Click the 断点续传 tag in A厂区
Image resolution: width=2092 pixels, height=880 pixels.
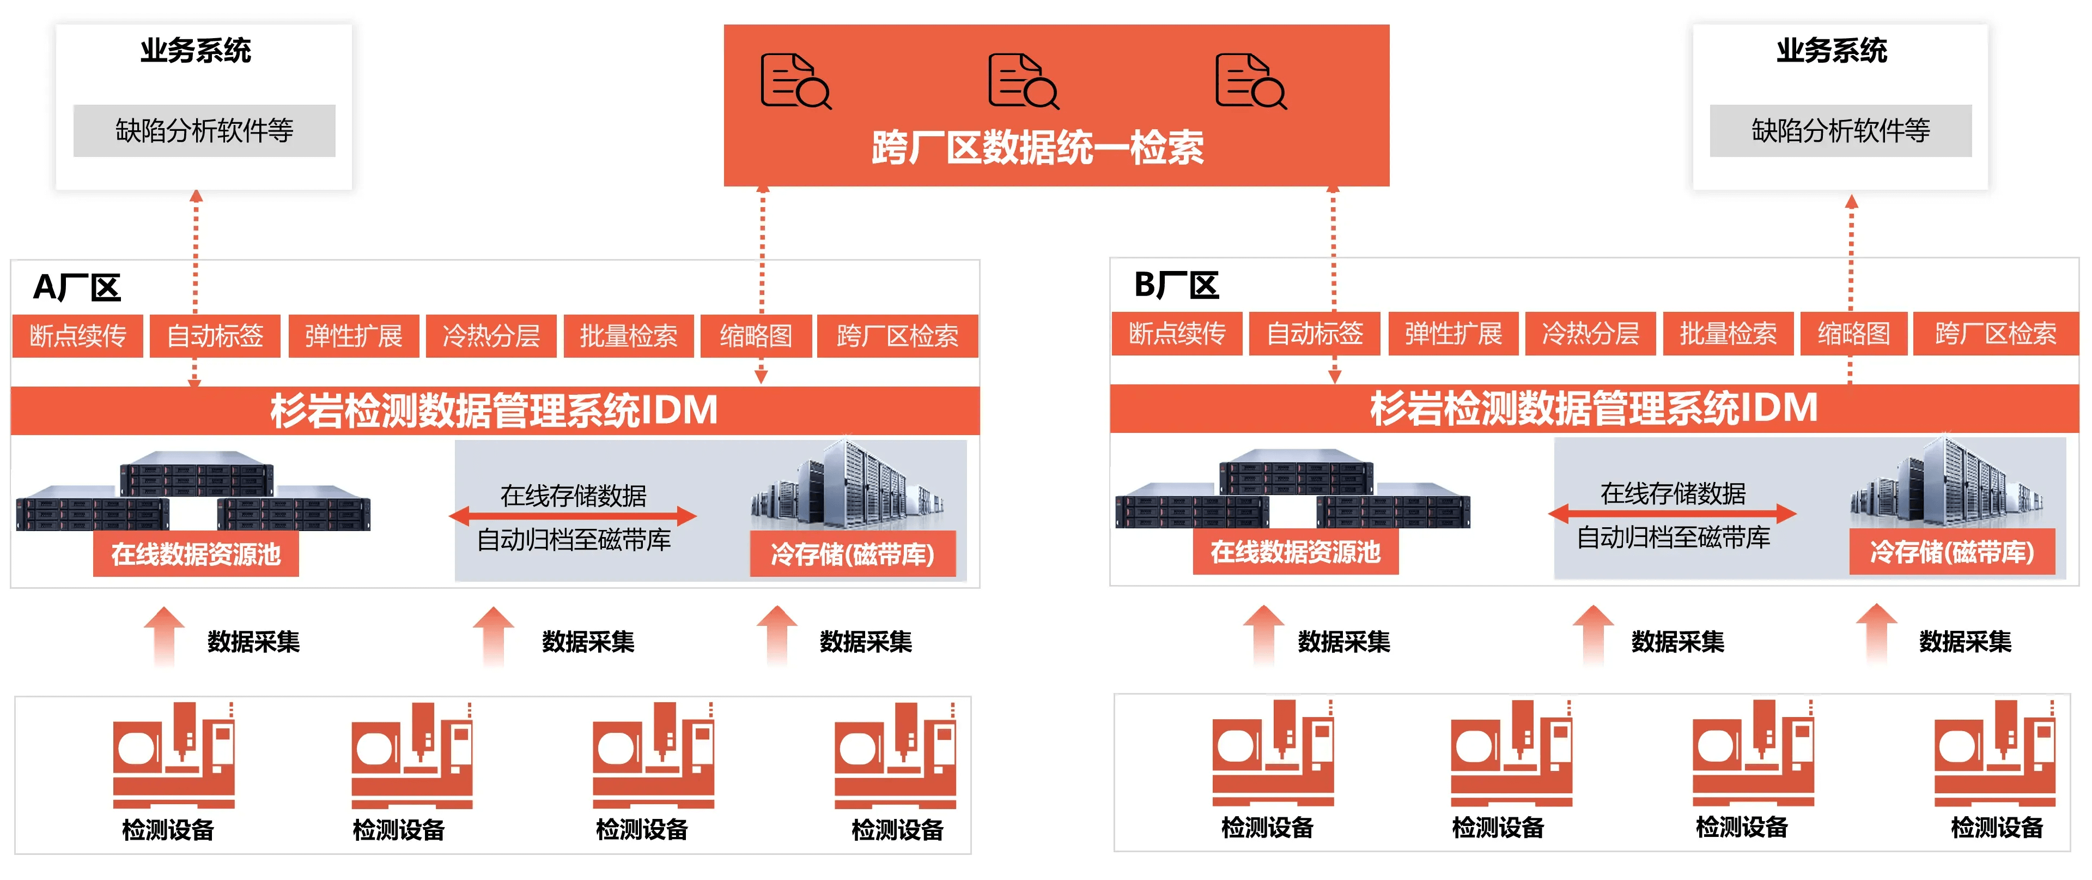pyautogui.click(x=78, y=335)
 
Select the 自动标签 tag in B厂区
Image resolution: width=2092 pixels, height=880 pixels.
pyautogui.click(x=1314, y=333)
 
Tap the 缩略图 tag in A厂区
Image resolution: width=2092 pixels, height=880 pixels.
pyautogui.click(x=755, y=335)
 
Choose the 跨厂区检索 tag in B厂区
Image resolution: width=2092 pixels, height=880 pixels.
pyautogui.click(x=1996, y=333)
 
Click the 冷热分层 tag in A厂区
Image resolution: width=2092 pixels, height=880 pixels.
pyautogui.click(x=490, y=335)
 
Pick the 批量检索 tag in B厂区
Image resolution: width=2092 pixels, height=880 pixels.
pyautogui.click(x=1728, y=333)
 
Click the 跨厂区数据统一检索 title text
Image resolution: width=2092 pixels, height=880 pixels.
pyautogui.click(x=1037, y=148)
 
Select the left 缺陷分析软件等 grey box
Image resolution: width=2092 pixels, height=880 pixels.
pyautogui.click(x=204, y=130)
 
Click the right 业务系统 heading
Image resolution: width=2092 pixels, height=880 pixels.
pyautogui.click(x=1831, y=50)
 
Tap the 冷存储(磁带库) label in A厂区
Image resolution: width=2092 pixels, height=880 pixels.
pyautogui.click(x=852, y=554)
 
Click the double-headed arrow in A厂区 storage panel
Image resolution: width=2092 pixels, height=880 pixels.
pyautogui.click(x=573, y=515)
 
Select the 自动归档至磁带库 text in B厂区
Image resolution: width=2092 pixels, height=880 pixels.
pyautogui.click(x=1673, y=537)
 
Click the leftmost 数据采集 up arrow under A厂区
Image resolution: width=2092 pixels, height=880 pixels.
pyautogui.click(x=164, y=635)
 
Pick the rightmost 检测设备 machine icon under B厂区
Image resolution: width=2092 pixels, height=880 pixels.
pyautogui.click(x=1994, y=754)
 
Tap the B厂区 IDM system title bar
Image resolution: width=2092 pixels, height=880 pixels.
pyautogui.click(x=1594, y=408)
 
